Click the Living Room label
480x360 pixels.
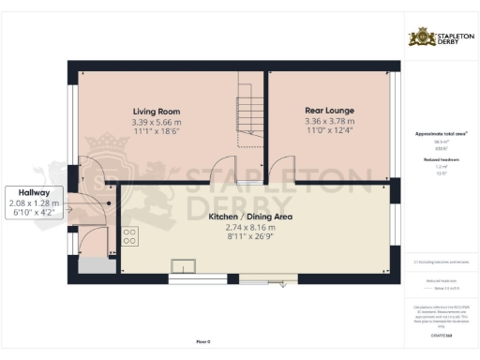tap(156, 111)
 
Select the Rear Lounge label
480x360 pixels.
tap(329, 110)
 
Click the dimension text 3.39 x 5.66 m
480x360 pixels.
tap(157, 122)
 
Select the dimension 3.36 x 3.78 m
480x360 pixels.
tap(329, 121)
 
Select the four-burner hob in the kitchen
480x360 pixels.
tap(129, 236)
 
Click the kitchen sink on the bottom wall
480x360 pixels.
tap(182, 264)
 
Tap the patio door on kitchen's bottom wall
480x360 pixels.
tap(267, 277)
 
